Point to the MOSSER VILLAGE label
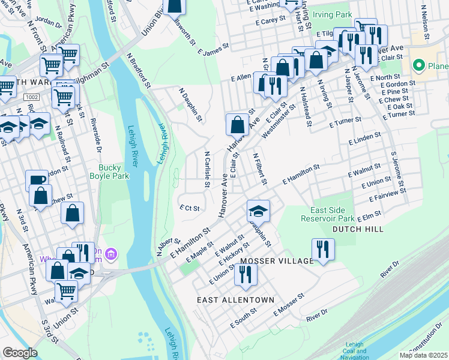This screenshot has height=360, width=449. click(x=277, y=261)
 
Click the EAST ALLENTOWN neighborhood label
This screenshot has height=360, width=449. click(x=235, y=299)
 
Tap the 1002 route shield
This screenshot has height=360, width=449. click(x=32, y=97)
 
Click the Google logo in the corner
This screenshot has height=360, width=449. click(x=20, y=353)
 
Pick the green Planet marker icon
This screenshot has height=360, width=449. click(x=418, y=65)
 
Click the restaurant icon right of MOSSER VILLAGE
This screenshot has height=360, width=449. click(x=323, y=248)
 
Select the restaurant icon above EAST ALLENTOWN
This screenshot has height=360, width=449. click(x=246, y=273)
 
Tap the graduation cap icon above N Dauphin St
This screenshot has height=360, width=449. click(x=258, y=210)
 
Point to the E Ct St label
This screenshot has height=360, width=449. click(x=189, y=208)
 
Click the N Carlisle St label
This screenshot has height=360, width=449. click(x=206, y=169)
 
